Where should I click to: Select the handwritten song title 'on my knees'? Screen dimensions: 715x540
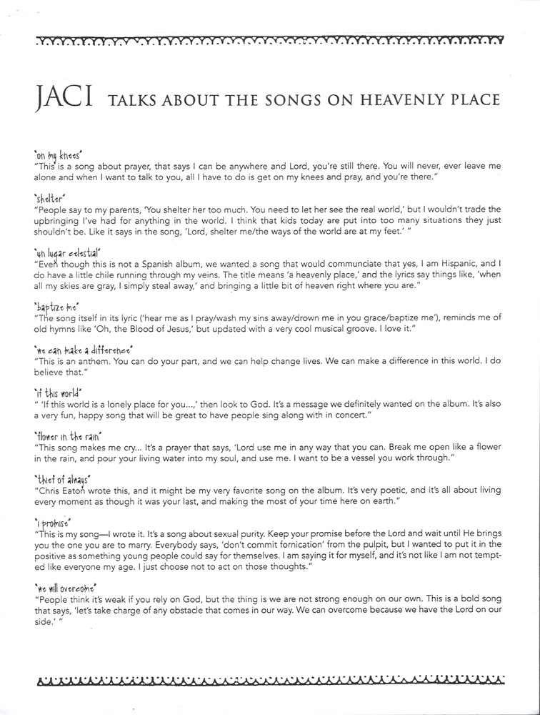click(59, 154)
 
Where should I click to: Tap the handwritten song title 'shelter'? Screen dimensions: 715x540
click(49, 197)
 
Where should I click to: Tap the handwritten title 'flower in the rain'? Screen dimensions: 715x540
click(68, 435)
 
